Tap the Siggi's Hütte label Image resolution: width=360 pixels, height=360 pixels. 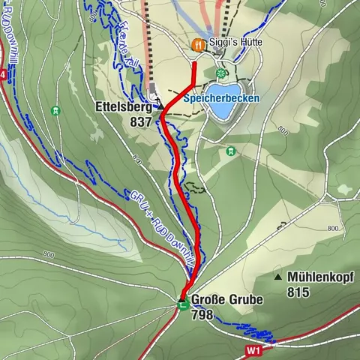tap(235, 43)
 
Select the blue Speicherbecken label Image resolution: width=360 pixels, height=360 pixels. tap(222, 97)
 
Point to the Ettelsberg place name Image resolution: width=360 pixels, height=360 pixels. tap(124, 107)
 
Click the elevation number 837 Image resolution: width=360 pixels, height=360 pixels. tap(140, 121)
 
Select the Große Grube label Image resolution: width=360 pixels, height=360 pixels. tap(227, 300)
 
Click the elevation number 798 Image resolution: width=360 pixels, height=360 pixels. tap(203, 315)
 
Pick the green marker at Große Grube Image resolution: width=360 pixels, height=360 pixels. tap(181, 303)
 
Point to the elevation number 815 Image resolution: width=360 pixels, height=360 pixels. tap(298, 292)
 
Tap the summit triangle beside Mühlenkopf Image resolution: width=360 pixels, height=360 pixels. tap(278, 277)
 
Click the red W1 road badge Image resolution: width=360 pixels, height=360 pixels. tap(255, 349)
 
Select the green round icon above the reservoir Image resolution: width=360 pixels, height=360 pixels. tap(220, 73)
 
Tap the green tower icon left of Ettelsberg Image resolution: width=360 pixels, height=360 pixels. tap(55, 111)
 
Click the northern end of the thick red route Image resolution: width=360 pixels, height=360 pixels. tap(195, 64)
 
